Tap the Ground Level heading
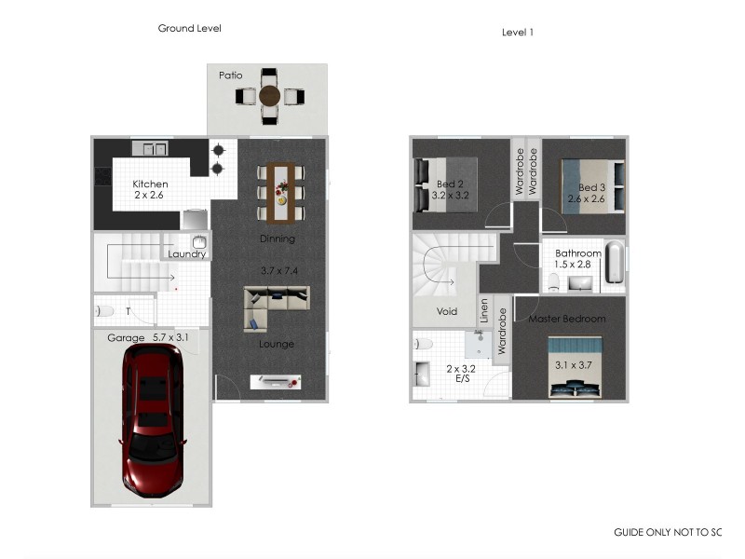pos(189,29)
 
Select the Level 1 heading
pos(517,32)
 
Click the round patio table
pos(269,95)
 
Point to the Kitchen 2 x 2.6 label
pos(150,190)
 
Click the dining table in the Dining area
pos(280,193)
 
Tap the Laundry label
pos(186,254)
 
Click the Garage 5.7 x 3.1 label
pos(148,338)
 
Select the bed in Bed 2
pos(450,183)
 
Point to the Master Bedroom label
pos(567,320)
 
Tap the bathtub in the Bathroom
pos(614,264)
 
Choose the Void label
pos(447,311)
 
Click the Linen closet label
pos(484,311)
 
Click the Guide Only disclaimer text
pos(667,533)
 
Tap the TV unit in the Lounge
pos(276,381)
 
